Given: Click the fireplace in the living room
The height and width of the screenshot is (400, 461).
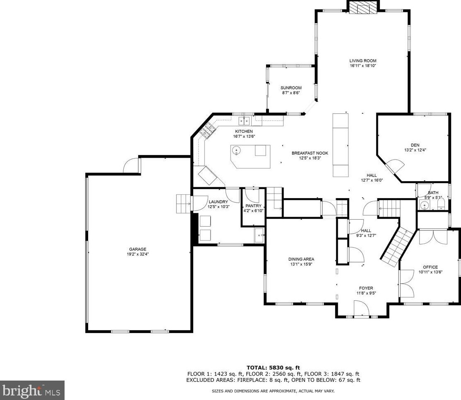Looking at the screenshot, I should [363, 7].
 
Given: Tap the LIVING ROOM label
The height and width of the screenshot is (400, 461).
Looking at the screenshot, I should [363, 61].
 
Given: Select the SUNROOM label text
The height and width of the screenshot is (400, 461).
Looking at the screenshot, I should [291, 88].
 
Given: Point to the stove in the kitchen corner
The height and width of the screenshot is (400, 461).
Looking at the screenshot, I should [207, 131].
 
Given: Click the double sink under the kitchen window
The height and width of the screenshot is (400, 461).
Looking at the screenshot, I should [244, 121].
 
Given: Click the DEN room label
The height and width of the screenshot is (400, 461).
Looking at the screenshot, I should [415, 145].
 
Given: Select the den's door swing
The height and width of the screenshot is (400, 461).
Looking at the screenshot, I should [395, 167].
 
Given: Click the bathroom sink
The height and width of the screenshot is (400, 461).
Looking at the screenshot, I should [425, 205].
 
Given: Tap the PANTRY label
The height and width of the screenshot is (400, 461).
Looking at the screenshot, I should [253, 206].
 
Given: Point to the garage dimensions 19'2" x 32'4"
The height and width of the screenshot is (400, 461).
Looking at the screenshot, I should [138, 254].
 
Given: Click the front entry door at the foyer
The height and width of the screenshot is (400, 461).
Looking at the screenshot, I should [360, 309].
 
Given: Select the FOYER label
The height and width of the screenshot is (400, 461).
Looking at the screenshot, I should [366, 288].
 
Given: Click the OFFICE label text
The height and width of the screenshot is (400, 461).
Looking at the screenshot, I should [430, 267].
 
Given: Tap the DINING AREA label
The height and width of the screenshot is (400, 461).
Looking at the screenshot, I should [301, 259].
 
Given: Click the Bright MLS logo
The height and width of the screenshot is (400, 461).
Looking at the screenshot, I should [32, 390].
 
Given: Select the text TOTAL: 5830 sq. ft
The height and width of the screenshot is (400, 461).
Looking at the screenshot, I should [273, 367].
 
